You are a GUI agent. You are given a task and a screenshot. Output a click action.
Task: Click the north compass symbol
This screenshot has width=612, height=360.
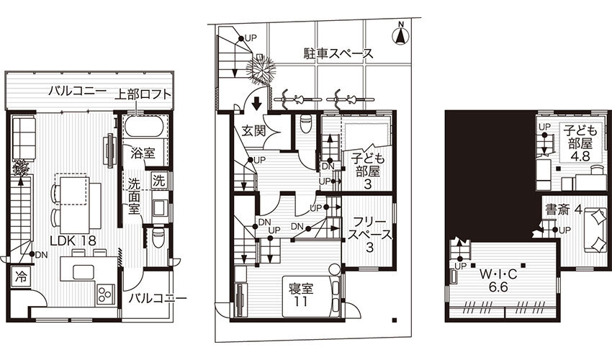click(400, 35)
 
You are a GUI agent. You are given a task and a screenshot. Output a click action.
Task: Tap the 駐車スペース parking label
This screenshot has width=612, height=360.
click(338, 53)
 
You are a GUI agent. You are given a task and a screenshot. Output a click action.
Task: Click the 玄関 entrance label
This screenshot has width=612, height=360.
click(253, 130)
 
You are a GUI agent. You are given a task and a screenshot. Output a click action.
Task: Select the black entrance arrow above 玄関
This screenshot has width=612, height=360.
click(256, 104)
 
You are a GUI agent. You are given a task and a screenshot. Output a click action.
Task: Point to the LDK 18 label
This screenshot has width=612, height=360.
click(73, 240)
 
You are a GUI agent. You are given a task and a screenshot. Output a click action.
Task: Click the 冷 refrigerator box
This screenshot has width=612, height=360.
click(20, 277)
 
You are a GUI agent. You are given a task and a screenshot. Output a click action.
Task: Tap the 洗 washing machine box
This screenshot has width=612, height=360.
click(158, 181)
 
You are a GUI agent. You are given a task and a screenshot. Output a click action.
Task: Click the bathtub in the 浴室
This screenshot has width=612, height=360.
click(143, 126)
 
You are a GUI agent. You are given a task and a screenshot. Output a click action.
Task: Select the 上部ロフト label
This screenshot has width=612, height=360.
click(143, 94)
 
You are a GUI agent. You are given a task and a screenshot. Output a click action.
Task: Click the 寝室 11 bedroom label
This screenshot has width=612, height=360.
click(301, 294)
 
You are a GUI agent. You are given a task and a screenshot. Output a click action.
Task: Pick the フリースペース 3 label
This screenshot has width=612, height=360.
click(369, 234)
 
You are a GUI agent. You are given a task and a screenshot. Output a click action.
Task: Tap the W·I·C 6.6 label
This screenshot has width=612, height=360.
click(498, 281)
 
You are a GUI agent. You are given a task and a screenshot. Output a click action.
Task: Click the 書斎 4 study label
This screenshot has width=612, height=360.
click(564, 210)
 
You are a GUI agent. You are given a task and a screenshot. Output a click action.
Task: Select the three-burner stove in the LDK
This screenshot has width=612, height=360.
click(105, 294)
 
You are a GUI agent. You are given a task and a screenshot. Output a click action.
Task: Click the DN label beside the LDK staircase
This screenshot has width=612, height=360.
click(41, 256)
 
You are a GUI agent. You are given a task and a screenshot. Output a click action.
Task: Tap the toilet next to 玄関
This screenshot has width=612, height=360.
click(305, 123)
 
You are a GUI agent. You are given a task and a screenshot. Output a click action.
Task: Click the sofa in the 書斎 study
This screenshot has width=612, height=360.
click(595, 231)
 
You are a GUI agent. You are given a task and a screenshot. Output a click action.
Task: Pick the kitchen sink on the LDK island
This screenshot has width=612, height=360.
click(83, 272)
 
